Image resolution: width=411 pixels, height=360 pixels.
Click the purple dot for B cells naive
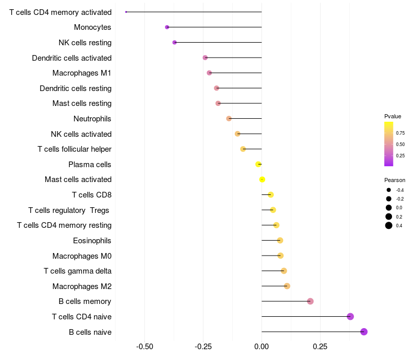pyautogui.click(x=364, y=332)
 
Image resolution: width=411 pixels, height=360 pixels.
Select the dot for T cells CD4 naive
pyautogui.click(x=350, y=316)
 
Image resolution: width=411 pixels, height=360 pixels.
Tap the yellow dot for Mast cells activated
pyautogui.click(x=262, y=179)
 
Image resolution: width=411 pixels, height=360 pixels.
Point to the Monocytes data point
pyautogui.click(x=167, y=27)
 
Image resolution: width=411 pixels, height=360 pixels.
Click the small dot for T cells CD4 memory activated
pyautogui.click(x=126, y=12)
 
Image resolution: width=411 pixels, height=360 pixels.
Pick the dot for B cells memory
pyautogui.click(x=310, y=301)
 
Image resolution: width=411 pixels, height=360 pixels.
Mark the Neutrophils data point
pyautogui.click(x=229, y=119)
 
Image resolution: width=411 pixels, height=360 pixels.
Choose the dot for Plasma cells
pyautogui.click(x=258, y=164)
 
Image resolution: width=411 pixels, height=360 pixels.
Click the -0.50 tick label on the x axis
pyautogui.click(x=144, y=347)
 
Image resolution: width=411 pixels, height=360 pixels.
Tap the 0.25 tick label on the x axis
pyautogui.click(x=320, y=347)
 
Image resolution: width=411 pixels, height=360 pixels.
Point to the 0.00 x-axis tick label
pyautogui.click(x=261, y=347)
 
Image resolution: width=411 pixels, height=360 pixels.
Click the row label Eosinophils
pyautogui.click(x=92, y=241)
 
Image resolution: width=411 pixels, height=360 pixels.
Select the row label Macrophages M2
pyautogui.click(x=82, y=286)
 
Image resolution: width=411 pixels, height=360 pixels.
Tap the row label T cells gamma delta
pyautogui.click(x=78, y=271)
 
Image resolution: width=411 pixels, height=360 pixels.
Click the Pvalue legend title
pyautogui.click(x=393, y=117)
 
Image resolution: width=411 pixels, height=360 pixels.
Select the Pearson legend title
pyautogui.click(x=395, y=181)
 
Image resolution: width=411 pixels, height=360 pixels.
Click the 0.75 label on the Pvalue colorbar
pyautogui.click(x=400, y=133)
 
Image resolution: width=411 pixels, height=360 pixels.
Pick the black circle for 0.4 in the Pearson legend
pyautogui.click(x=389, y=225)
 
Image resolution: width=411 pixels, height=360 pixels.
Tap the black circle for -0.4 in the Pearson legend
pyautogui.click(x=389, y=190)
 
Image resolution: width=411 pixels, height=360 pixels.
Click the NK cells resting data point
pyautogui.click(x=175, y=43)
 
